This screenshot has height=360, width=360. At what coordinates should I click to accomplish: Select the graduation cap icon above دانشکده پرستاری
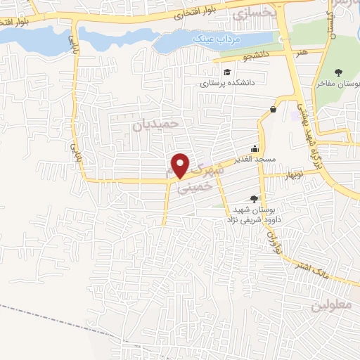(x=227, y=72)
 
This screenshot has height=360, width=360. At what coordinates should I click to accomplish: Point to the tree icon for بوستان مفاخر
(x=339, y=72)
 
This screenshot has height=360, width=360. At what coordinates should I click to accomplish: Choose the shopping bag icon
(x=273, y=109)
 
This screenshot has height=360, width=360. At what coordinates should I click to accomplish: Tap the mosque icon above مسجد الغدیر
(x=255, y=149)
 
